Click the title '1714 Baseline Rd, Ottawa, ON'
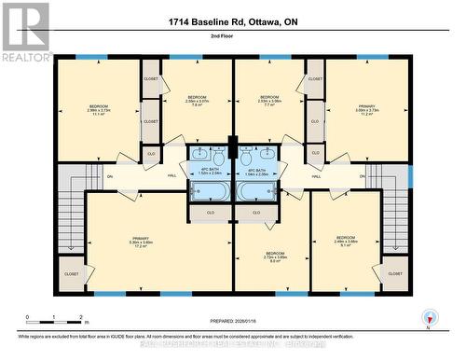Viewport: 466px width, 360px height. click(232, 21)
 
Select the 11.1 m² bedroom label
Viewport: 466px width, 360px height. click(99, 110)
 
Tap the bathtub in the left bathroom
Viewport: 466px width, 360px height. click(210, 191)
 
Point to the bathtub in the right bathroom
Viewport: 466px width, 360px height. click(256, 191)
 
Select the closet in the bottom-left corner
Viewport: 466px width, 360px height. click(72, 274)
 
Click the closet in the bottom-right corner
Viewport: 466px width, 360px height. click(395, 274)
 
